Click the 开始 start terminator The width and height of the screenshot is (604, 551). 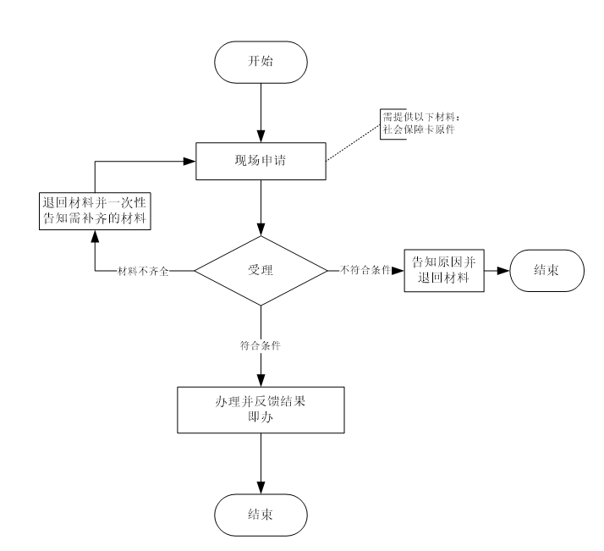click(261, 63)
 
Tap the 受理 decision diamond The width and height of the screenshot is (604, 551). click(261, 272)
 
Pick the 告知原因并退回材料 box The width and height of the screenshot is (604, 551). click(444, 271)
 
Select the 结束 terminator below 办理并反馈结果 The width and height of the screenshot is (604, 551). click(261, 514)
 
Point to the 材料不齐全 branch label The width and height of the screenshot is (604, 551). click(146, 272)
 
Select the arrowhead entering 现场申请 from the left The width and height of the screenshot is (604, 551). click(190, 158)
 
